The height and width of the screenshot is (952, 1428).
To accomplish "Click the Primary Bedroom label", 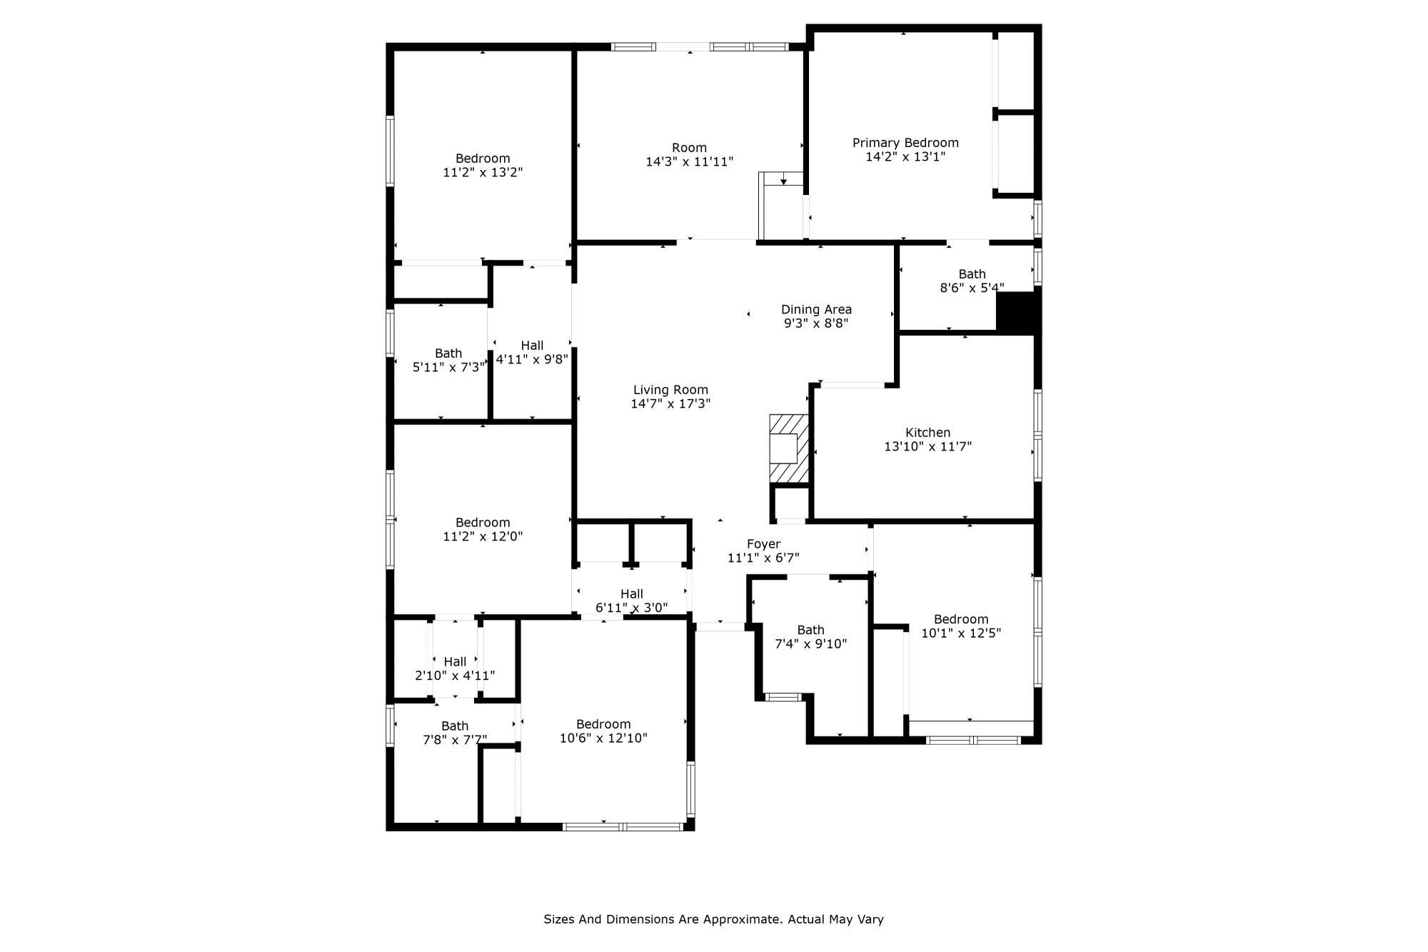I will coord(905,143).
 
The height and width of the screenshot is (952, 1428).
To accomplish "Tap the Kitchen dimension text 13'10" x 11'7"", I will coord(927,447).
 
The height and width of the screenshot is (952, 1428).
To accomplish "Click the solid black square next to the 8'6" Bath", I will coord(1017,311).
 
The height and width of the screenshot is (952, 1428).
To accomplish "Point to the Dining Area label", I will coord(816,309).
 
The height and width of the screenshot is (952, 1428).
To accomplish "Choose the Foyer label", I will coord(763,544).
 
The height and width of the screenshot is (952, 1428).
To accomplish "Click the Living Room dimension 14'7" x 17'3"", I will coord(670,404).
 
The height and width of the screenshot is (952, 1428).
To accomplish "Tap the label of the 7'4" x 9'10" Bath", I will coord(810,630).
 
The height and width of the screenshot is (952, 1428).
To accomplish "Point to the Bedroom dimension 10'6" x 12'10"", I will coord(603,738).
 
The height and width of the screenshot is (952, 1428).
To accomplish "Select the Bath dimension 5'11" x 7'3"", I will coord(449,368).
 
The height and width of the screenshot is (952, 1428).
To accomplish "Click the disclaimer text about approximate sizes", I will coord(713,919).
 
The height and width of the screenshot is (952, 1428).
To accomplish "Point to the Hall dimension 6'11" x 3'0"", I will coord(631,608).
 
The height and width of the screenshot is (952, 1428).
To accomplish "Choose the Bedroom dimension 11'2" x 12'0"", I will coord(483,536).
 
